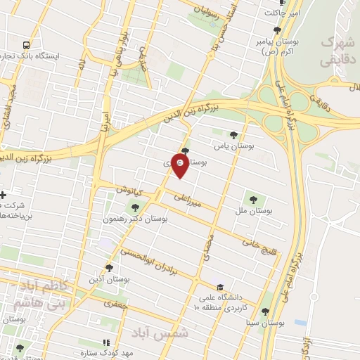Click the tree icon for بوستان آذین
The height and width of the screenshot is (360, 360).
[108, 267]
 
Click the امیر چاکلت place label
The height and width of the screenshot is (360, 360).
[281, 13]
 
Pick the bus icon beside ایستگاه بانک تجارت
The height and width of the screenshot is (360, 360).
[26, 44]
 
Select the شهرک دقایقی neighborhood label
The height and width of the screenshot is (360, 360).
[337, 52]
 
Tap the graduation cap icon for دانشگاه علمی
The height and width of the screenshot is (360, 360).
[221, 287]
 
